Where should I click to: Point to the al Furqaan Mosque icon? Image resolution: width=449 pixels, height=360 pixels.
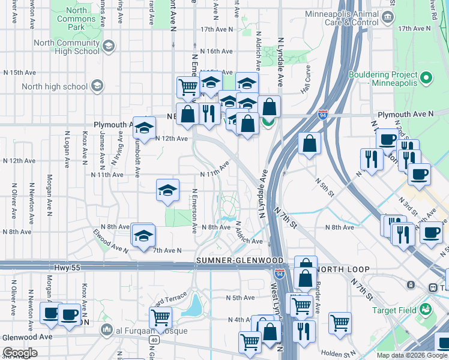point(107,330)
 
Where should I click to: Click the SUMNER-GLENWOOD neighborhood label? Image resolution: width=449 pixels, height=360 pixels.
point(240,260)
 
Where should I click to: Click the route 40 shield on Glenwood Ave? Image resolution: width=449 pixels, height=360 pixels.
point(155,340)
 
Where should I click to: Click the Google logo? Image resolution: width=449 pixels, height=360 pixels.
point(20,353)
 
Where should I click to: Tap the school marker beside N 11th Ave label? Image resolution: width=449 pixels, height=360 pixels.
point(167,191)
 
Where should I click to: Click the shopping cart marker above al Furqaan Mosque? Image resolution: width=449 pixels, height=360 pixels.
point(160,317)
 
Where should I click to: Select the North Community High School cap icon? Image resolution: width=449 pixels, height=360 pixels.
point(109,46)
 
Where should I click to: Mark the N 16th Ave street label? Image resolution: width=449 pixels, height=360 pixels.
point(216,51)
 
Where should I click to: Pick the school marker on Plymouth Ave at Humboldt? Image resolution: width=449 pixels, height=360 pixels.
point(144,128)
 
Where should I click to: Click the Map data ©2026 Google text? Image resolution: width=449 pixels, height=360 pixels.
point(411,355)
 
